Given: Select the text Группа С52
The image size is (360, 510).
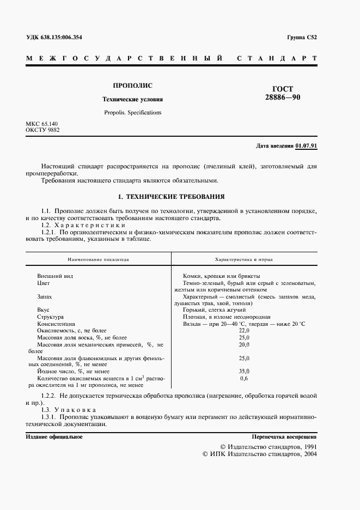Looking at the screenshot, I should coord(302,38).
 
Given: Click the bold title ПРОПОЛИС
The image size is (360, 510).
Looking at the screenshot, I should coord(132,86).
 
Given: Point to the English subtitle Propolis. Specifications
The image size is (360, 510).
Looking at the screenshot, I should coord(132,113).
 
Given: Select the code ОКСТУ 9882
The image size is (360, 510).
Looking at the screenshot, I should coord(42,131).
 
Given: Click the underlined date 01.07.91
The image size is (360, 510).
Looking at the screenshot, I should coord(307,146).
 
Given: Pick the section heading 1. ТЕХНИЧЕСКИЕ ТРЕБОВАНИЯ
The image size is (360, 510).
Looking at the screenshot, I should coord(171,196).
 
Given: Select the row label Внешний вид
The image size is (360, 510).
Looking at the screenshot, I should coord(54,276).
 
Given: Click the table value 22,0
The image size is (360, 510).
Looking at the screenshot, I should coord(243,330).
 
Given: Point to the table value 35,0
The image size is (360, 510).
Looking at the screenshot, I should coord(243,371).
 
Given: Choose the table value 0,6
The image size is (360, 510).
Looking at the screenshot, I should coord(243,378).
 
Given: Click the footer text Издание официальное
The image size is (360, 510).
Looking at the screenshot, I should coord(54,437).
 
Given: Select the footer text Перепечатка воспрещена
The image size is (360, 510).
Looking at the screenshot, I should coord(284,437).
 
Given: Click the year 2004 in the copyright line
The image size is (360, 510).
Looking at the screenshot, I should coord(310,453).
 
